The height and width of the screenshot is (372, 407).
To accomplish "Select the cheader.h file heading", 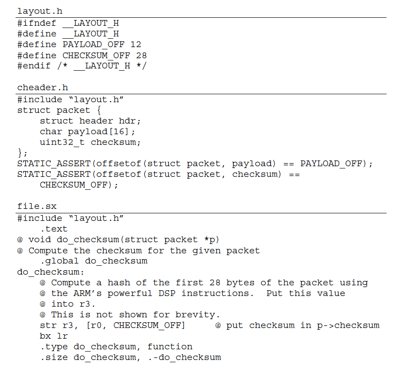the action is point(43,88).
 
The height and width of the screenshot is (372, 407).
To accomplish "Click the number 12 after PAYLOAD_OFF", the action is point(136,44).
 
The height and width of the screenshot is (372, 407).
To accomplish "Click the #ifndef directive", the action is point(37,23).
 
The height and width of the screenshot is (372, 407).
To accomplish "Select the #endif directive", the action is point(34,66).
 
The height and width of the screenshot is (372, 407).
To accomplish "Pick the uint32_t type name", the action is point(62,142).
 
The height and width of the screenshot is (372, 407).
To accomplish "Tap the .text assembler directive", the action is point(54,229).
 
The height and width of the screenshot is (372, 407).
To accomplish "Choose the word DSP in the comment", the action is point(167,293).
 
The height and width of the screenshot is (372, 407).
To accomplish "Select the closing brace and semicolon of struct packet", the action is point(23,153).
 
